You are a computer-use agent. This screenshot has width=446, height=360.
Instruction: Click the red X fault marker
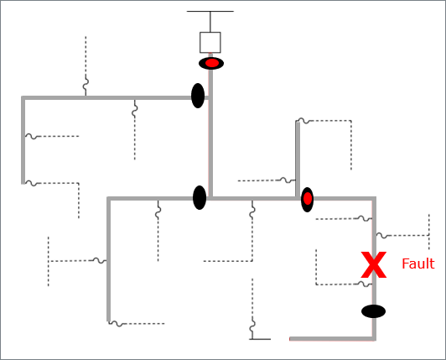click(x=373, y=266)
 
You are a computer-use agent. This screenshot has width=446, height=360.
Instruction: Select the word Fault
click(x=417, y=263)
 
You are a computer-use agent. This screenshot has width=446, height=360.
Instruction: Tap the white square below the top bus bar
click(x=210, y=42)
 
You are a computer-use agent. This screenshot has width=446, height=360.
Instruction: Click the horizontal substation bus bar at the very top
click(x=210, y=12)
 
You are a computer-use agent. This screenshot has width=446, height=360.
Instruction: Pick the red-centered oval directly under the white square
click(x=211, y=63)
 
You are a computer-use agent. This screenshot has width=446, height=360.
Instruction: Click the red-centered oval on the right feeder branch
click(x=308, y=199)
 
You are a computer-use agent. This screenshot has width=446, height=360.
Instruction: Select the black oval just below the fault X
click(x=374, y=311)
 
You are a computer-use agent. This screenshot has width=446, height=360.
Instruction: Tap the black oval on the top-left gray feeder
click(x=198, y=96)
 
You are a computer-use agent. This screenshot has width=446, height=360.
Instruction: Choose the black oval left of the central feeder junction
click(x=200, y=197)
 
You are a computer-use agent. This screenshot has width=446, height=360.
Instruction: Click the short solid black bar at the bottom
click(x=260, y=339)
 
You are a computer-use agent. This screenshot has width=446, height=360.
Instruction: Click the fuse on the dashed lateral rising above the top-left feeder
click(x=86, y=85)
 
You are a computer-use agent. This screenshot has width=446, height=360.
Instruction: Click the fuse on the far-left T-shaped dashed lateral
click(x=99, y=261)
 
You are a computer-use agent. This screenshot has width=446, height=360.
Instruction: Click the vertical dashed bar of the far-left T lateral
click(x=49, y=261)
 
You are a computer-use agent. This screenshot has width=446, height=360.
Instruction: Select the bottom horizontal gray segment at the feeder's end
click(x=331, y=339)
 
